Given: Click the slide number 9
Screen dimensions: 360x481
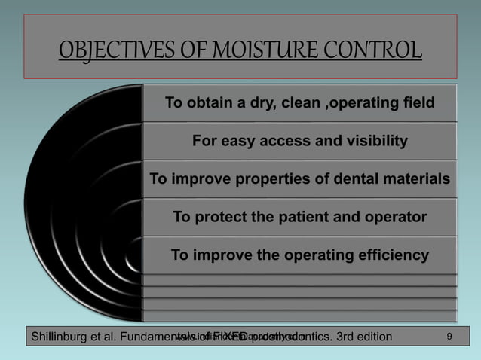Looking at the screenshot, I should (449, 335).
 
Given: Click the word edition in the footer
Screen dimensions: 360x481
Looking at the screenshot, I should (370, 336).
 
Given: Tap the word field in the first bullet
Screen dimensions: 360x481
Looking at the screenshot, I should (418, 103).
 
